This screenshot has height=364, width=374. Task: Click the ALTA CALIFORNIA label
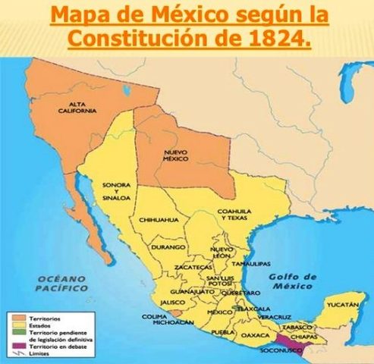[77, 107]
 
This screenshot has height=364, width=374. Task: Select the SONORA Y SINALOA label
[116, 191]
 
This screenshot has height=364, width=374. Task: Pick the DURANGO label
[168, 247]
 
